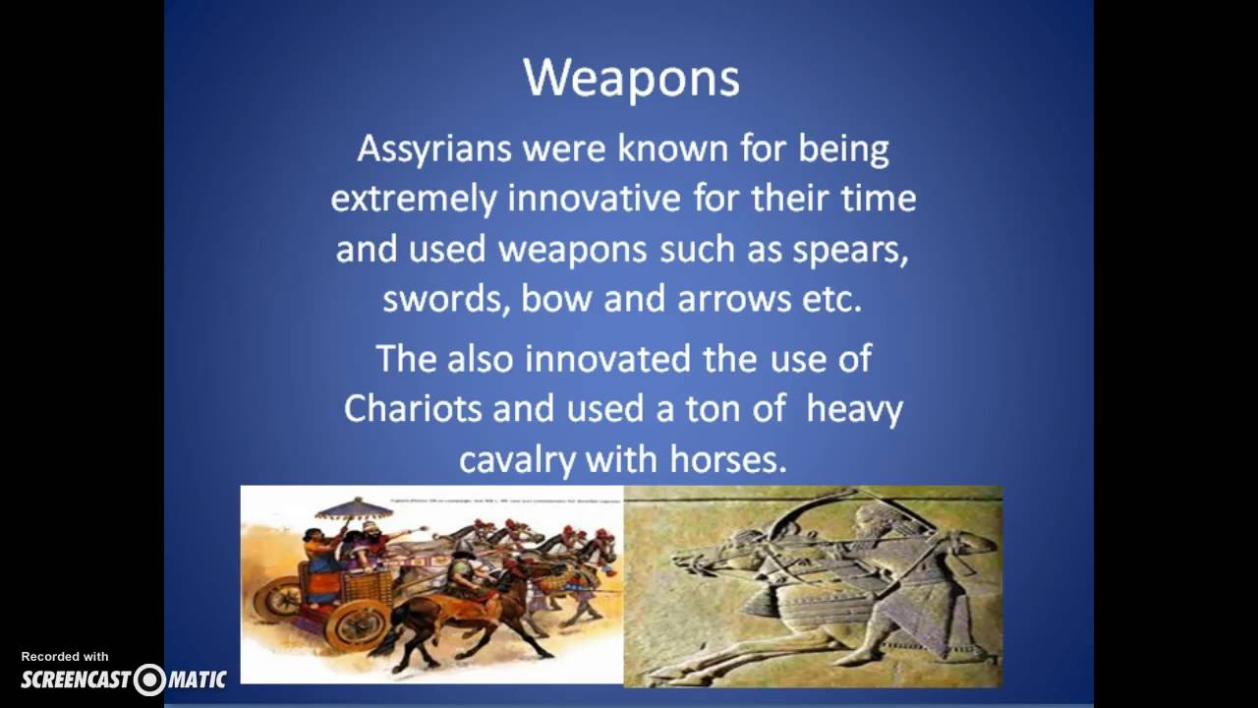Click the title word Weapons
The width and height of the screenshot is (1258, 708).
[630, 78]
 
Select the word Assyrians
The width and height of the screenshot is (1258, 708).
[433, 149]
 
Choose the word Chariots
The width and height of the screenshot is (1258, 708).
[413, 409]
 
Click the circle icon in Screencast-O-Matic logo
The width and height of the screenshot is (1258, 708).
[150, 679]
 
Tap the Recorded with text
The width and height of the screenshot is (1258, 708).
[65, 657]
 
